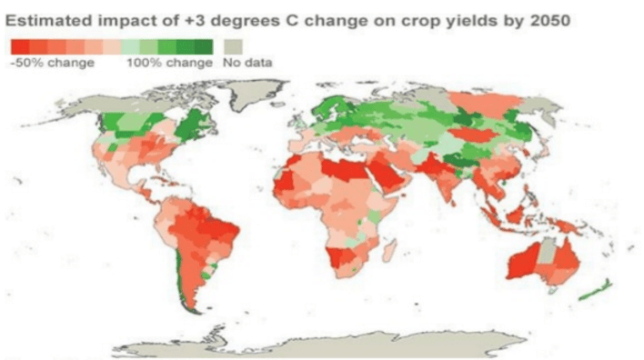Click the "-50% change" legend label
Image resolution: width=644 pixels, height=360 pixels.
pos(53,63)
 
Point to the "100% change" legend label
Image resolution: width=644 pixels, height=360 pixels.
pos(169,63)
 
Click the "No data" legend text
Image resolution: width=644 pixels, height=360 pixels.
pos(247,63)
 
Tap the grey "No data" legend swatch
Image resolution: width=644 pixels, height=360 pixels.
pos(233,46)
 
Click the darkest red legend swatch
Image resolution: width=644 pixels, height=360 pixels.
pos(20,46)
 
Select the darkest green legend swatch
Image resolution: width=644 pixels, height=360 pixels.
pos(204,46)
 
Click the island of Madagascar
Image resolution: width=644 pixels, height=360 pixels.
pos(389,250)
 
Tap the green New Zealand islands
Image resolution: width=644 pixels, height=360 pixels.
pos(596,290)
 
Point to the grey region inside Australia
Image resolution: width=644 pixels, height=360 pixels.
pos(546,251)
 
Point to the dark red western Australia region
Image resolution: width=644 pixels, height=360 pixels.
pos(522,262)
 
